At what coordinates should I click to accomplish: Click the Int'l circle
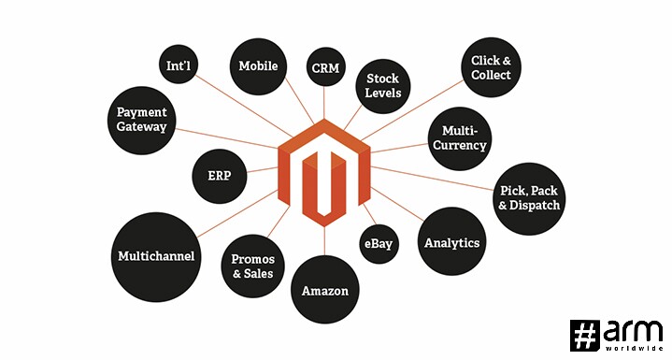point(179,65)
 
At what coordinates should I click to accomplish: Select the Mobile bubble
point(258,66)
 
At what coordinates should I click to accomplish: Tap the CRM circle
point(325,67)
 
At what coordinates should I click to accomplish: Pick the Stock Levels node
point(382,86)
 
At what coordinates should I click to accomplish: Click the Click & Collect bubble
point(491,67)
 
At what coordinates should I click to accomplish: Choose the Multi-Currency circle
point(460,138)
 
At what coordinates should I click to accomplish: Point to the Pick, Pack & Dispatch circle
point(529,198)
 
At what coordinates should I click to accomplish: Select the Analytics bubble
point(451,241)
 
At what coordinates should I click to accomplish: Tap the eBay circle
point(379,244)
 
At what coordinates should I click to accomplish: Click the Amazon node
point(325,290)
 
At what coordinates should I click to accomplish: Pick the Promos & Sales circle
point(253,266)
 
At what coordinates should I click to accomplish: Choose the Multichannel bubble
point(155,257)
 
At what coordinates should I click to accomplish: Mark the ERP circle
point(219,176)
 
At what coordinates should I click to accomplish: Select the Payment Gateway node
point(141,121)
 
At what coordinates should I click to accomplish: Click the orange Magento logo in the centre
point(324,172)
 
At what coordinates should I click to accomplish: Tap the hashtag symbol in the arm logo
point(584,335)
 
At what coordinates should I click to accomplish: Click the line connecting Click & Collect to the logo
point(412,110)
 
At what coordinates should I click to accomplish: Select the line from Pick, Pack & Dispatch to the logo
point(432,178)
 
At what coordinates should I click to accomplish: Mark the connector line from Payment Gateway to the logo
point(226,138)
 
